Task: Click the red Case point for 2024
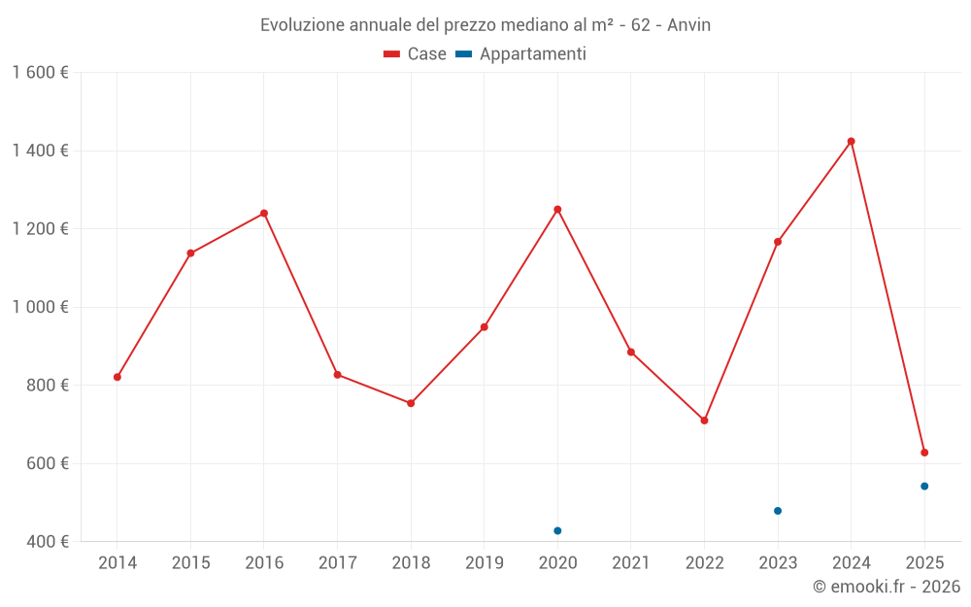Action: (x=852, y=142)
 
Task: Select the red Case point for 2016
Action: (x=264, y=214)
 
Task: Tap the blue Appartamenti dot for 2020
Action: (x=557, y=531)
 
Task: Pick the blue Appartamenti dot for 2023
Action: (x=778, y=511)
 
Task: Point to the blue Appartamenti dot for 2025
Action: (x=924, y=487)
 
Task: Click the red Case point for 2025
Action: (x=924, y=453)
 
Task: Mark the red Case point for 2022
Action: (x=705, y=421)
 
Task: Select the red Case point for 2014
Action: (x=117, y=377)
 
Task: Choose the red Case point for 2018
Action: (x=411, y=403)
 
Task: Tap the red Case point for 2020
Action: (x=557, y=210)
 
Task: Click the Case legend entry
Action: (x=416, y=54)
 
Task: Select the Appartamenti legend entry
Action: (x=521, y=54)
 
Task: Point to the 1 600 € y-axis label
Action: (x=41, y=73)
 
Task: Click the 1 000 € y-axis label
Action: (x=41, y=307)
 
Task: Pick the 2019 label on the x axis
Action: (x=485, y=563)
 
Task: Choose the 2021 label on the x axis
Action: (x=631, y=563)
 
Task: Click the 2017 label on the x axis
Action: (x=337, y=563)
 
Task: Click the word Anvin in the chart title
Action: (x=688, y=25)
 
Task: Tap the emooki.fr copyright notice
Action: (x=887, y=587)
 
